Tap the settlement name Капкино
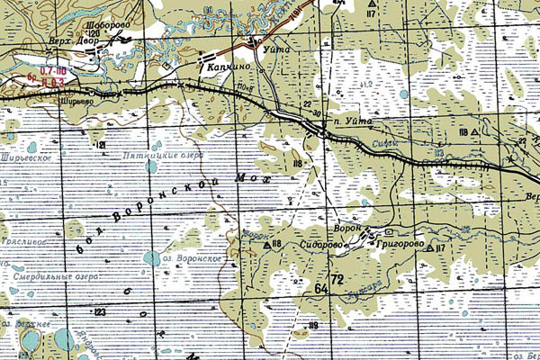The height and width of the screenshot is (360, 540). (226, 67)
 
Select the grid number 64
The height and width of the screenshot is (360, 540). (321, 288)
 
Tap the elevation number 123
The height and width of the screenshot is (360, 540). (98, 310)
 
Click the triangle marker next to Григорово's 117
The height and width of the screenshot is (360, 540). (429, 247)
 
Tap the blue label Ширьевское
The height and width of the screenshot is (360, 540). (27, 155)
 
